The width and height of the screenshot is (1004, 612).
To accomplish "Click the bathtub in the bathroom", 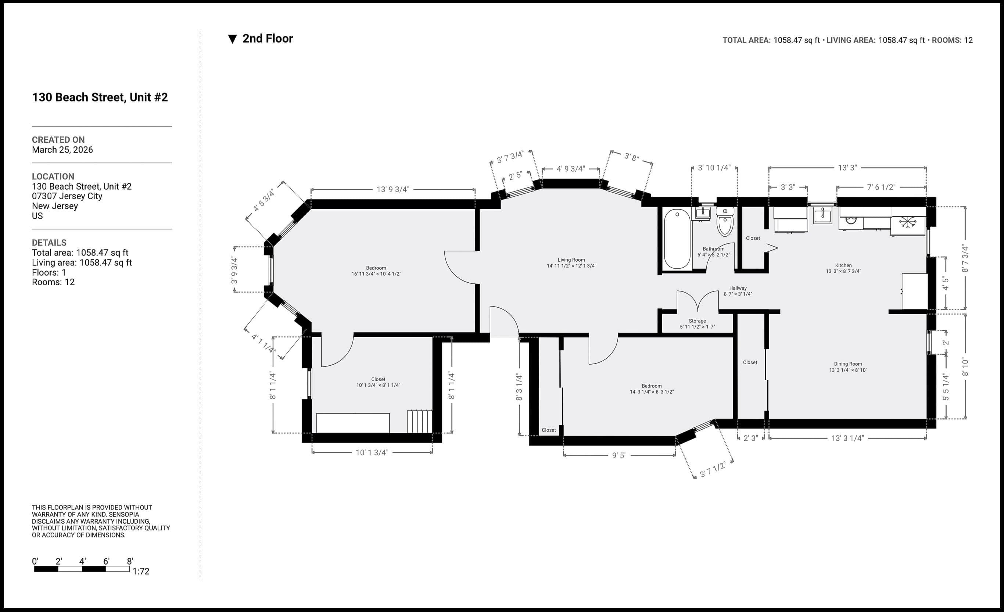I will [x=677, y=239].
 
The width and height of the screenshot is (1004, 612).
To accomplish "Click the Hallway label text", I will [x=738, y=288].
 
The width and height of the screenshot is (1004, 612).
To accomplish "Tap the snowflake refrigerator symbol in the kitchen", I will [x=908, y=222].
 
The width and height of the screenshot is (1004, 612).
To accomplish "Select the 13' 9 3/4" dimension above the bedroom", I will [x=393, y=189].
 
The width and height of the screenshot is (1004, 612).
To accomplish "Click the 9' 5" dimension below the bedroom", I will [x=619, y=455].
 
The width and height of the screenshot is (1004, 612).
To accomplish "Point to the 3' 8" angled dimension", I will [x=632, y=157].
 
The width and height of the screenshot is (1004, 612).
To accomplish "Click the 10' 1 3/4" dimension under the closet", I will [x=372, y=452].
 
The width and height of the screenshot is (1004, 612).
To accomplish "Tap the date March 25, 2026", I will [x=62, y=150].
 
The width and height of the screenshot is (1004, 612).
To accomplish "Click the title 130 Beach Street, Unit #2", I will [x=100, y=97].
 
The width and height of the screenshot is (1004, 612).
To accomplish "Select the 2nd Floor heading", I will [x=267, y=39].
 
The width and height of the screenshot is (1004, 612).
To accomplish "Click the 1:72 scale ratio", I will [x=141, y=571].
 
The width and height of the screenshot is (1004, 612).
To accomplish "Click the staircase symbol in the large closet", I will [x=419, y=421].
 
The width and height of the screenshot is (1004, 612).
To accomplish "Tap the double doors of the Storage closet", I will [x=698, y=301].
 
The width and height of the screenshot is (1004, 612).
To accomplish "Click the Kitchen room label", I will [x=843, y=265].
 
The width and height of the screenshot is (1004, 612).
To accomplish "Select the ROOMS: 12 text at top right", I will [x=952, y=40].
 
